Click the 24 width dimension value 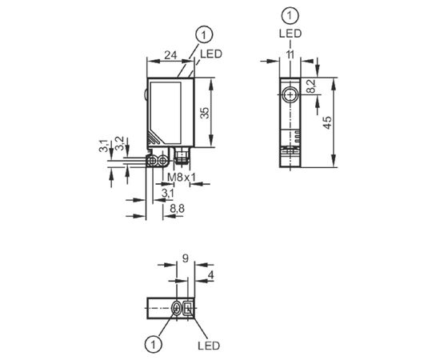tap(170, 55)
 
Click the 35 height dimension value tap(205, 113)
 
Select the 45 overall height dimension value tap(327, 122)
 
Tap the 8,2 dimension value tap(311, 86)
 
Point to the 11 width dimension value tap(290, 54)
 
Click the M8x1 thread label tap(182, 177)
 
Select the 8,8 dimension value tap(177, 209)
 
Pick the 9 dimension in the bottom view tap(186, 258)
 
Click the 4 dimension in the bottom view tap(210, 275)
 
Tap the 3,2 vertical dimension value tap(119, 143)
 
